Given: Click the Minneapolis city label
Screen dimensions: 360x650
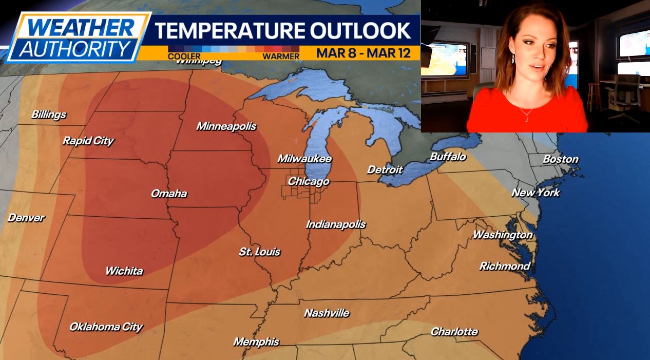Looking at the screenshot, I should pyautogui.click(x=226, y=126).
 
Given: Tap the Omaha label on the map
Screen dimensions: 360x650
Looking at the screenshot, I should pyautogui.click(x=168, y=194).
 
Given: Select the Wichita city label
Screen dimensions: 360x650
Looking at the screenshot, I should pyautogui.click(x=124, y=271).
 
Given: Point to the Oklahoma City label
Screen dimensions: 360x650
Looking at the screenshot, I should pyautogui.click(x=106, y=327).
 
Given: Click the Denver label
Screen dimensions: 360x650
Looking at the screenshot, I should pyautogui.click(x=26, y=218).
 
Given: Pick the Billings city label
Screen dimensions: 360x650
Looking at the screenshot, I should pyautogui.click(x=49, y=115).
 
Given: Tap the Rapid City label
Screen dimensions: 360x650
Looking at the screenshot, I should pyautogui.click(x=88, y=141).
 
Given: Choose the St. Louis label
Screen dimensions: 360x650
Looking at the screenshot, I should pyautogui.click(x=260, y=252).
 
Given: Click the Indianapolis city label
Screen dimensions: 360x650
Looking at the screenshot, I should pyautogui.click(x=336, y=224).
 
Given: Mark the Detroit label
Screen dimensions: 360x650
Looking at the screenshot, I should pyautogui.click(x=385, y=169).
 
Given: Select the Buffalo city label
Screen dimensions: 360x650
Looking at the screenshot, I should pyautogui.click(x=448, y=157).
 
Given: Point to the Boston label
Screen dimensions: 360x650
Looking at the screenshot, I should pyautogui.click(x=561, y=159).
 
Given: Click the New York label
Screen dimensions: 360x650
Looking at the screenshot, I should pyautogui.click(x=536, y=193).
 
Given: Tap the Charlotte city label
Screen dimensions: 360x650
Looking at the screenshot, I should pyautogui.click(x=454, y=332).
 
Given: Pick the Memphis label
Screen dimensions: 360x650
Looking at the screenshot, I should pyautogui.click(x=256, y=342).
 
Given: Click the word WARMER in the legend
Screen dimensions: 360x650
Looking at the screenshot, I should pyautogui.click(x=281, y=56).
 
